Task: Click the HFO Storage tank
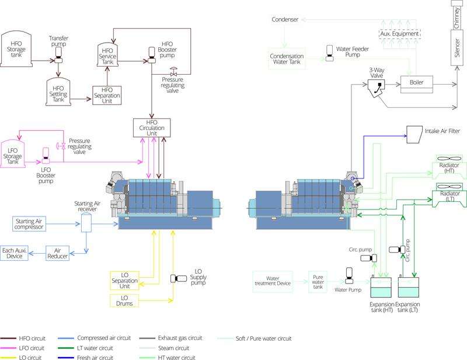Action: (16, 44)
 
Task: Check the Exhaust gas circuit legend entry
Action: (170, 338)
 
